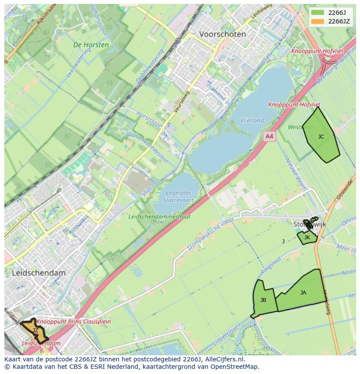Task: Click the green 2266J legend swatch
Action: tap(318, 13)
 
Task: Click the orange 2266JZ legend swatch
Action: tap(318, 21)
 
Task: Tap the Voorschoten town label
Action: tap(222, 34)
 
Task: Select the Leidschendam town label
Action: tap(39, 273)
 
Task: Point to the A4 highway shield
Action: tap(270, 136)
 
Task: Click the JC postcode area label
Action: tap(321, 137)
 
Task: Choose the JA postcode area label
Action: tap(303, 293)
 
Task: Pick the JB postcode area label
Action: tap(263, 300)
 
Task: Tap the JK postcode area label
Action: tap(307, 238)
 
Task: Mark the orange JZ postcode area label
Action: tap(35, 331)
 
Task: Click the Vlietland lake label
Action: tap(252, 120)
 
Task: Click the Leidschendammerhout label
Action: tap(160, 217)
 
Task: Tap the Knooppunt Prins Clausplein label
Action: tap(73, 322)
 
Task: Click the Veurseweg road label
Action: tap(182, 101)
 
